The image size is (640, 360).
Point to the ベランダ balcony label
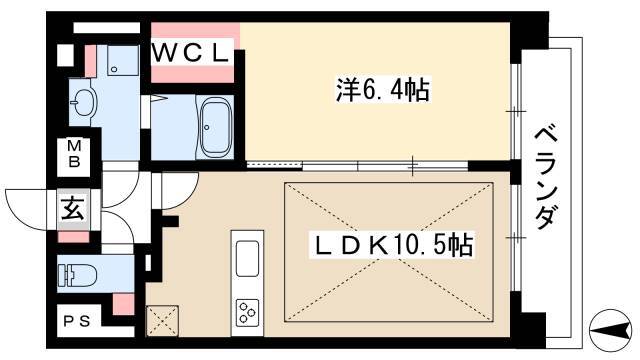coord(545,175)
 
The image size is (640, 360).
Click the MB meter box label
coord(73,154)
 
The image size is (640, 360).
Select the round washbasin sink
coord(82,101)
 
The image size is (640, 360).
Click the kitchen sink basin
coord(246,258)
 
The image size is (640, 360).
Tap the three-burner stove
coord(246,311)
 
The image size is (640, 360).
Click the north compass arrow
coord(611,327)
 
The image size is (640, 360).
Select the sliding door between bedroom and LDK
coord(330,163)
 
